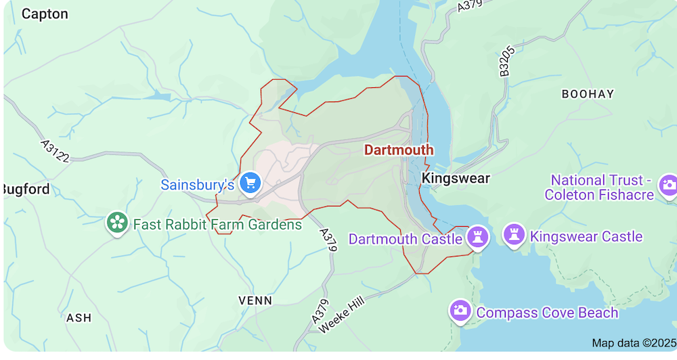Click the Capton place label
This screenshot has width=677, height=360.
pyautogui.click(x=45, y=14)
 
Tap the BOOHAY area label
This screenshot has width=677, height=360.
pyautogui.click(x=588, y=94)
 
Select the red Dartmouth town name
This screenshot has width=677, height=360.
pyautogui.click(x=399, y=150)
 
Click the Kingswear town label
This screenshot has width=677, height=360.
pyautogui.click(x=456, y=178)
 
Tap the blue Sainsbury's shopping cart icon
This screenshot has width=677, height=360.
pyautogui.click(x=250, y=182)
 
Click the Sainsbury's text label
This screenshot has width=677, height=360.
pyautogui.click(x=197, y=184)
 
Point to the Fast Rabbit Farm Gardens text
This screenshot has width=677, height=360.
pyautogui.click(x=217, y=224)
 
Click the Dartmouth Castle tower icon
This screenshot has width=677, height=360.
pyautogui.click(x=478, y=237)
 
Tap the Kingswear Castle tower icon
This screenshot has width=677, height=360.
pyautogui.click(x=515, y=235)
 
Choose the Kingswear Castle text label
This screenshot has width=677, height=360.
pyautogui.click(x=586, y=236)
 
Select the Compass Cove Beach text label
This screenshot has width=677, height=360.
pyautogui.click(x=547, y=313)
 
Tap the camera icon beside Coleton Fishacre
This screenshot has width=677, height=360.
pyautogui.click(x=668, y=185)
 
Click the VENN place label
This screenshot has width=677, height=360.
pyautogui.click(x=255, y=300)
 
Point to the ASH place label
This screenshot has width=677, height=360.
pyautogui.click(x=79, y=317)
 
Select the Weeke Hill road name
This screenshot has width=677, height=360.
pyautogui.click(x=342, y=312)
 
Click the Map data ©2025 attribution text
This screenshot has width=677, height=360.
pyautogui.click(x=634, y=343)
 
